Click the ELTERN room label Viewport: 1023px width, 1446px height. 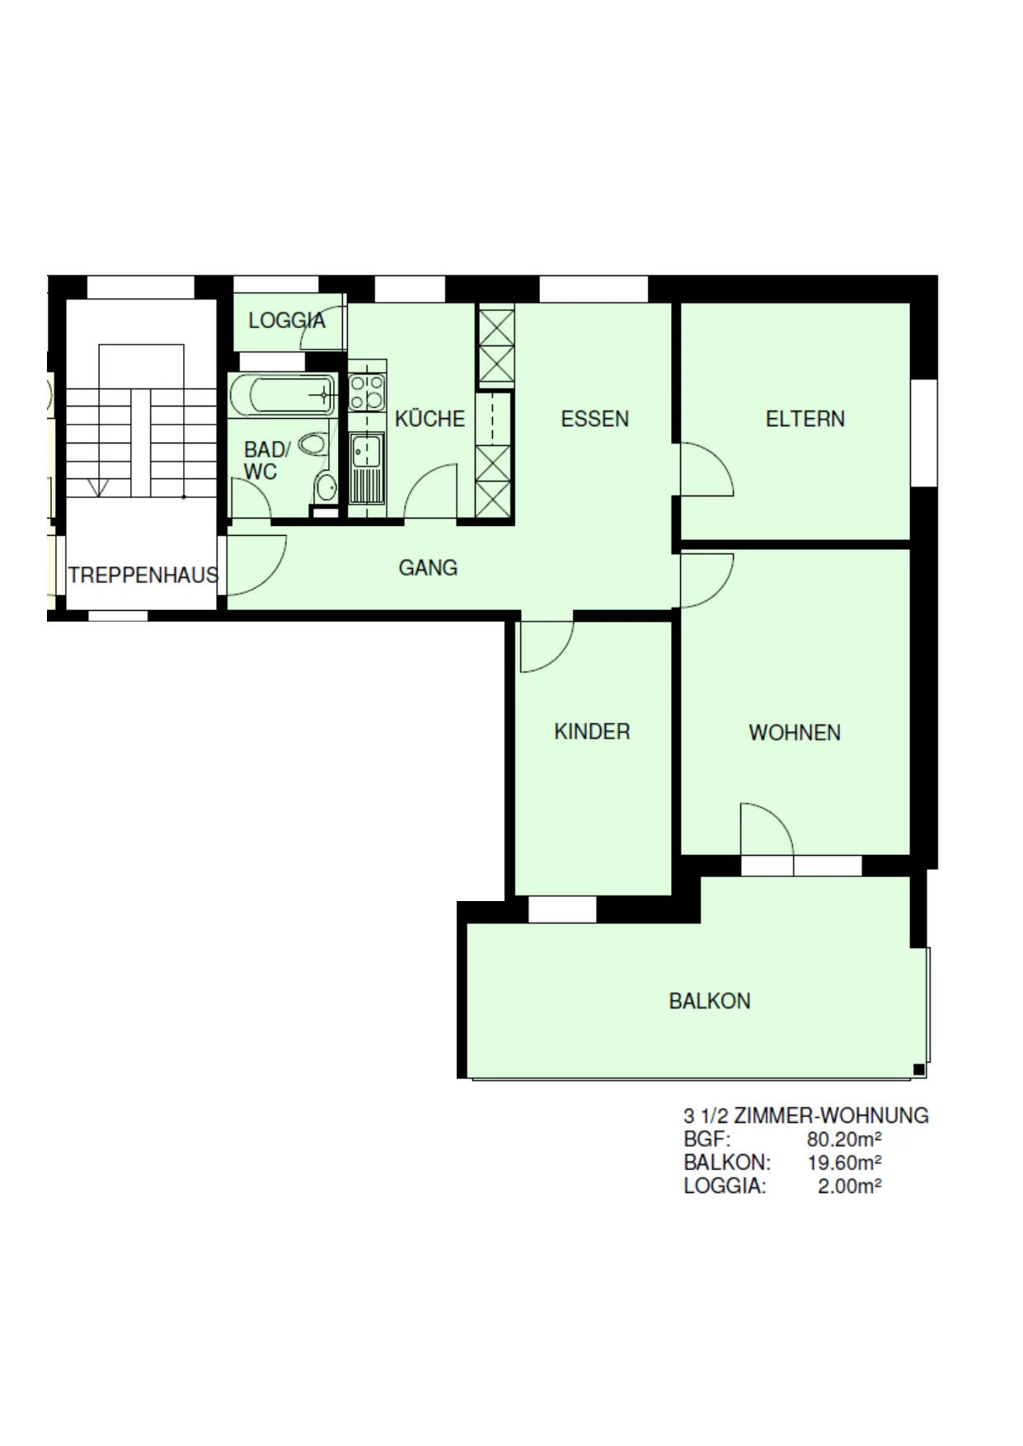pos(805,419)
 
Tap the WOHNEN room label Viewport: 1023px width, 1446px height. pos(795,733)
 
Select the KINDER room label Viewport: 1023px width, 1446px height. pos(592,731)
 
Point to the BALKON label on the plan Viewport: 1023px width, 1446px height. pos(710,1001)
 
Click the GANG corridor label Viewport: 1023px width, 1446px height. pos(428,567)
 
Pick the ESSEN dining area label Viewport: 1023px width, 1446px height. pos(594,419)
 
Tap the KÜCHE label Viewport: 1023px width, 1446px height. pos(429,418)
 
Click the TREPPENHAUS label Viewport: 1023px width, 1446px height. pos(143,575)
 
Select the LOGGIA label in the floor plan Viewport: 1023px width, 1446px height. pos(287,320)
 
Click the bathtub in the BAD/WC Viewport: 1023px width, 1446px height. pos(283,396)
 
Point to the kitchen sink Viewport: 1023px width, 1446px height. pos(367,468)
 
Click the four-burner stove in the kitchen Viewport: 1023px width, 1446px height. pos(367,392)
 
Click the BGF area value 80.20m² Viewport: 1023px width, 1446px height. pos(844,1139)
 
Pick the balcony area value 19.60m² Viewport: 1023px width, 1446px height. pos(844,1162)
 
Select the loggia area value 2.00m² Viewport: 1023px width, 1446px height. pos(850,1186)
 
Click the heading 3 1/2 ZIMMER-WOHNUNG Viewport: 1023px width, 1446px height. pos(806,1115)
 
